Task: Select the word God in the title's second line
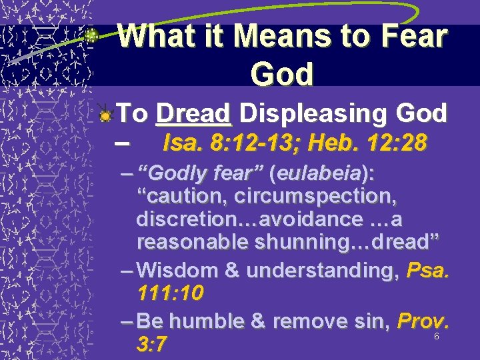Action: pos(282,74)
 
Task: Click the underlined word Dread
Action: pos(193,114)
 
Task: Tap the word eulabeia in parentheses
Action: pos(317,174)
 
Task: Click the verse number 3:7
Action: pos(151,345)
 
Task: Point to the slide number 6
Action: pos(436,337)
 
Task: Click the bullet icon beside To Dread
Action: pos(103,115)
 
